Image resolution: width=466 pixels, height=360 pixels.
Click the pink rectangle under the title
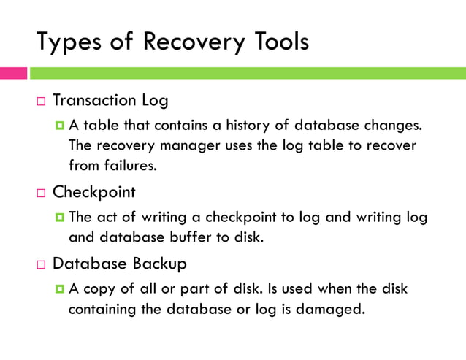(13, 73)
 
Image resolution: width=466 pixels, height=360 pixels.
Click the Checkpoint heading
(94, 193)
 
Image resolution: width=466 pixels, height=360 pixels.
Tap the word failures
(130, 165)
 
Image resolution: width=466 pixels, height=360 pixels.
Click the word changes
(394, 125)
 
